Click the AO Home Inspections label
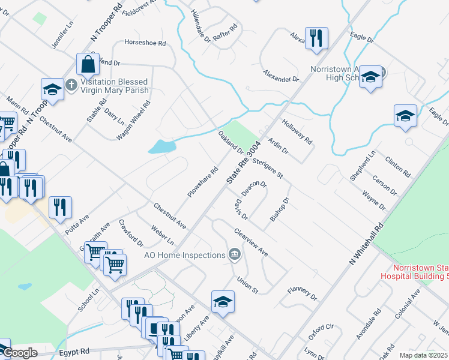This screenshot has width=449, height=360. pyautogui.click(x=184, y=255)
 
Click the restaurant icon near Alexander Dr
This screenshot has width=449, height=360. pyautogui.click(x=316, y=38)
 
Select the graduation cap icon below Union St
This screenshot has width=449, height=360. pyautogui.click(x=222, y=301)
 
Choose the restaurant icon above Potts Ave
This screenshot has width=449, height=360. pyautogui.click(x=60, y=207)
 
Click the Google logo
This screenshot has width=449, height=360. pyautogui.click(x=20, y=353)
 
